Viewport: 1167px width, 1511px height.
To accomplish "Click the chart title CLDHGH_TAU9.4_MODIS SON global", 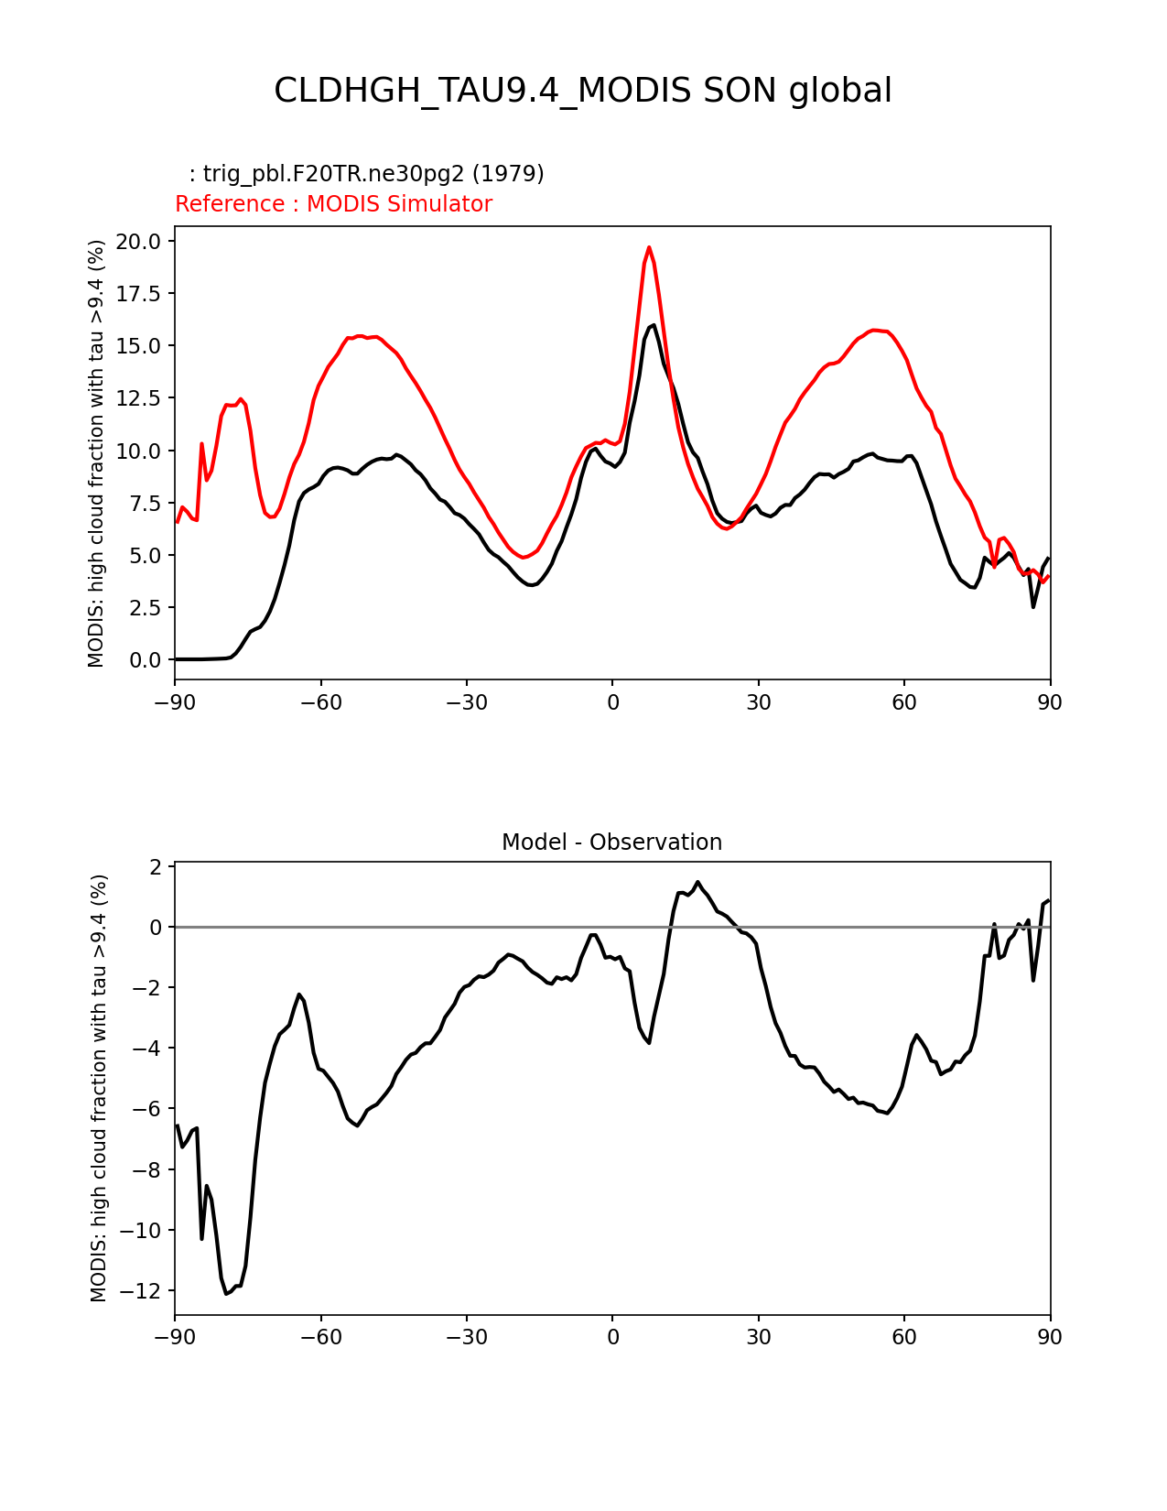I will coord(583,91).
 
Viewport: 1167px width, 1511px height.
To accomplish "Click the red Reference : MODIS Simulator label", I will coord(333,204).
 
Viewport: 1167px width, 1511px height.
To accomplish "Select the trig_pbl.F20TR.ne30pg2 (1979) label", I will coord(366,174).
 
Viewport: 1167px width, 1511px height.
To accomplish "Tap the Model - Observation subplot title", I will coord(611,842).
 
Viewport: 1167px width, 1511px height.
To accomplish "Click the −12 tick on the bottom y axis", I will coord(142,1291).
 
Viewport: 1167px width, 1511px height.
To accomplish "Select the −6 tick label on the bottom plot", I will coord(146,1109).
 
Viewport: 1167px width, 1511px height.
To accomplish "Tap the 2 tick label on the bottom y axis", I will coord(156,866).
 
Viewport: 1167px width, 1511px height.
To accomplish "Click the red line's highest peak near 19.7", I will coord(649,247).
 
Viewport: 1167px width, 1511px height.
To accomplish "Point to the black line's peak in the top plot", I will coord(653,325).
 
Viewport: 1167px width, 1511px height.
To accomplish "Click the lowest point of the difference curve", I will coord(226,1293).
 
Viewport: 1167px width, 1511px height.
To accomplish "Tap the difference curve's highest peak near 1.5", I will coord(697,882).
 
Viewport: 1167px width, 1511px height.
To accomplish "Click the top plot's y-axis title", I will coord(96,453).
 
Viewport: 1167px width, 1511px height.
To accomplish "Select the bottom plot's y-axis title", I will coord(99,1088).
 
